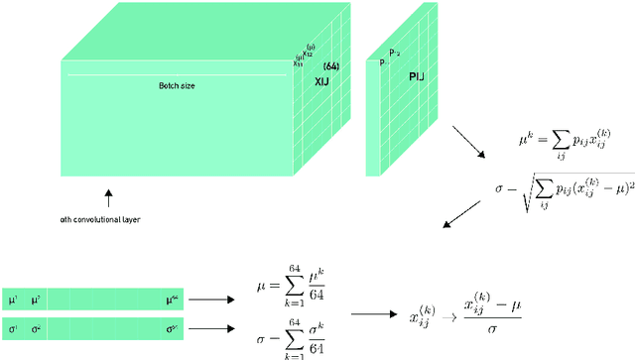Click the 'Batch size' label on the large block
click(177, 85)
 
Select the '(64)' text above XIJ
click(332, 66)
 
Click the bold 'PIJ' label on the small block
click(409, 86)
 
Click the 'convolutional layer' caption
click(100, 219)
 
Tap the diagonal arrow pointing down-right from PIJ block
click(467, 142)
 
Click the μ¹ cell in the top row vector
click(13, 298)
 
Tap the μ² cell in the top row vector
click(37, 298)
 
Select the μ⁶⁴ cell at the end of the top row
click(173, 298)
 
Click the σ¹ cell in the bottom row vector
click(13, 326)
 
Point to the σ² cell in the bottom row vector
click(37, 326)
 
